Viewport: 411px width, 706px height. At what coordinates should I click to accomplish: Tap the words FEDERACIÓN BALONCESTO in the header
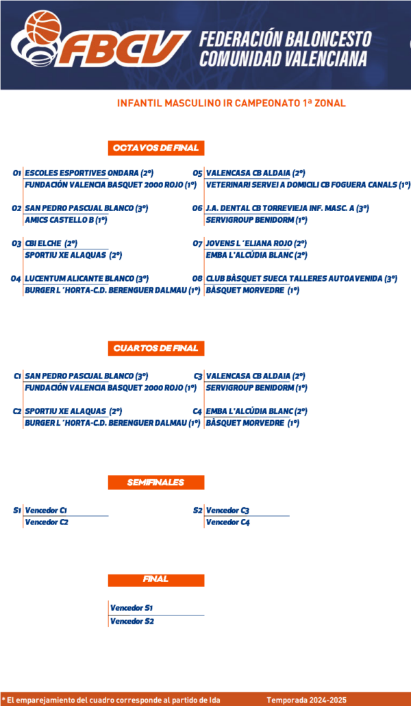[286, 39]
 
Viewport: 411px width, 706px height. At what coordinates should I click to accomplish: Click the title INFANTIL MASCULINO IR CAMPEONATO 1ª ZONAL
[232, 103]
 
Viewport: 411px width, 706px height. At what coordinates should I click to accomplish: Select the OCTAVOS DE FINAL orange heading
[156, 148]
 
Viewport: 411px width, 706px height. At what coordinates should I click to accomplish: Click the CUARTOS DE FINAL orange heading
[156, 348]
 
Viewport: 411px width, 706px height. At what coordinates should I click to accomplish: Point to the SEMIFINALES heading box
[156, 483]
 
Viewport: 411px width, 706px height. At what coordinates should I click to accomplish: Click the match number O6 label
[197, 208]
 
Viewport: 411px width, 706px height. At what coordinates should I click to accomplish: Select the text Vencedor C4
[228, 522]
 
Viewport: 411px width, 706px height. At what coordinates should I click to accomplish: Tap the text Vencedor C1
[47, 511]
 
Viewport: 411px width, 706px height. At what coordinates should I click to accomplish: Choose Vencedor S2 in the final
[132, 622]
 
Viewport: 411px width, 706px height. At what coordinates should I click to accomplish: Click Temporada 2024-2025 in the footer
[307, 700]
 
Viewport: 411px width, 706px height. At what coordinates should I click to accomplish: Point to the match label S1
[17, 511]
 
